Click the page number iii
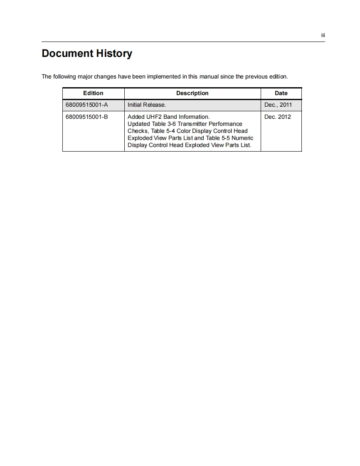click(x=323, y=35)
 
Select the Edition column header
click(x=93, y=93)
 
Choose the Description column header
click(x=192, y=93)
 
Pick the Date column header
click(x=281, y=93)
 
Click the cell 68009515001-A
click(x=86, y=105)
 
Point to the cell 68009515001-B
click(x=86, y=117)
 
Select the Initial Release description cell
click(x=147, y=105)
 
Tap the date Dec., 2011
click(x=278, y=105)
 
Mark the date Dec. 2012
click(x=277, y=117)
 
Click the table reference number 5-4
click(x=170, y=131)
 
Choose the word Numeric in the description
click(x=243, y=138)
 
